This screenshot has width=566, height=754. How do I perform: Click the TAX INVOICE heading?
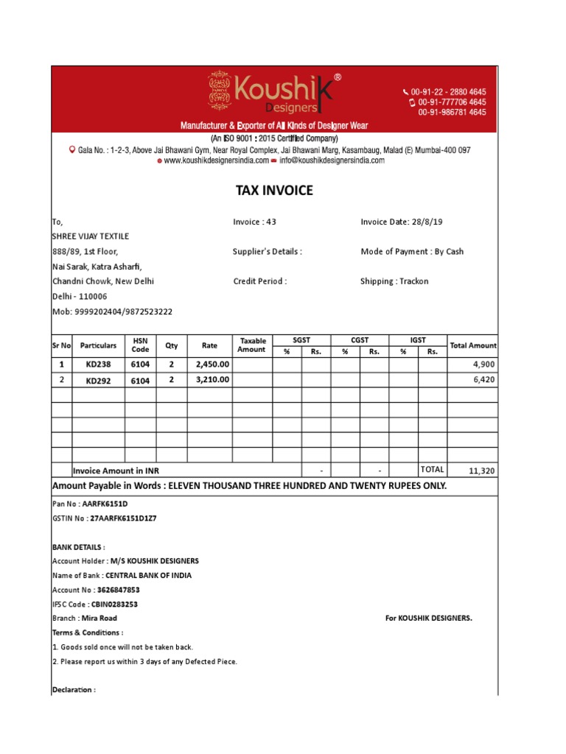pyautogui.click(x=274, y=191)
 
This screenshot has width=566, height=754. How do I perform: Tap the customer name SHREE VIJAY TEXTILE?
pyautogui.click(x=90, y=236)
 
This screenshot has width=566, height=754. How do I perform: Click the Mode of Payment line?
pyautogui.click(x=412, y=252)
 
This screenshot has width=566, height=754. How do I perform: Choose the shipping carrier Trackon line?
pyautogui.click(x=394, y=281)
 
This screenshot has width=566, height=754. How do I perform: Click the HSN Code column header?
pyautogui.click(x=140, y=345)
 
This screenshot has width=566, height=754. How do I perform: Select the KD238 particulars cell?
pyautogui.click(x=98, y=364)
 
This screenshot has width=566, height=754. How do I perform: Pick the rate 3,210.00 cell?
pyautogui.click(x=212, y=380)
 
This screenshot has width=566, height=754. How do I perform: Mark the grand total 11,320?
pyautogui.click(x=481, y=471)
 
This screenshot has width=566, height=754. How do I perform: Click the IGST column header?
pyautogui.click(x=418, y=339)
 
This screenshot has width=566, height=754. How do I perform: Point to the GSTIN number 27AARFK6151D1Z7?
pyautogui.click(x=123, y=518)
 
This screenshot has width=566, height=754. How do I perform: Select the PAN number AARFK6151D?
pyautogui.click(x=105, y=504)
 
